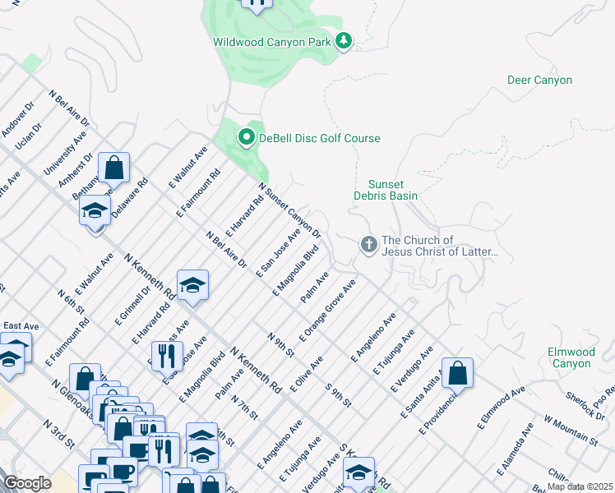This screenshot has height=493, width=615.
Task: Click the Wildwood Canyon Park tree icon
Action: (343, 41)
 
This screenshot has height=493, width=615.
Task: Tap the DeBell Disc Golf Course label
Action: (320, 138)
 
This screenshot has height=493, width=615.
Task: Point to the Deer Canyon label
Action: (539, 81)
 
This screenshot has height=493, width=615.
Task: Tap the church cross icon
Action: (368, 245)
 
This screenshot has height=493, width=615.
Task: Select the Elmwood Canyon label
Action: (570, 357)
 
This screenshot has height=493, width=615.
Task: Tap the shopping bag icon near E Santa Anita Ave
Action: (458, 372)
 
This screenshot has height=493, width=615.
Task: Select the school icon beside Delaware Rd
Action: (95, 210)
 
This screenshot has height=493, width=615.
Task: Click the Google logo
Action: (27, 483)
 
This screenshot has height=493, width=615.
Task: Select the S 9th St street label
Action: (338, 395)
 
